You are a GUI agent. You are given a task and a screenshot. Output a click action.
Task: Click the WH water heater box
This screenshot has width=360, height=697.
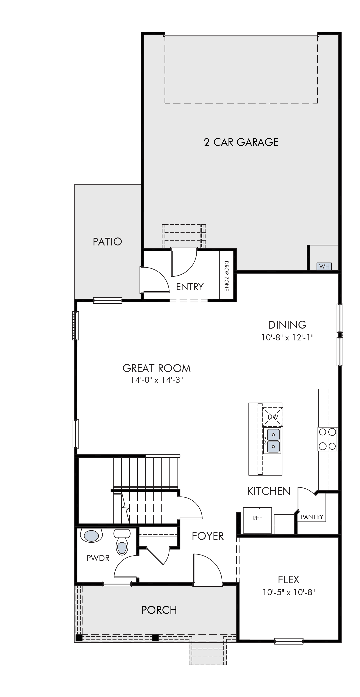click(x=324, y=266)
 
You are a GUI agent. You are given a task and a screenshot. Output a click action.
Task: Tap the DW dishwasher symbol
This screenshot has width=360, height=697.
click(x=273, y=417)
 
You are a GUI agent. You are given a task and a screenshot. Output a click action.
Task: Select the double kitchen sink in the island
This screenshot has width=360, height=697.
click(x=272, y=441)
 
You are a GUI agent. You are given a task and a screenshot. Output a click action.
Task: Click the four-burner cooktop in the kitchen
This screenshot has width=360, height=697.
click(x=327, y=439)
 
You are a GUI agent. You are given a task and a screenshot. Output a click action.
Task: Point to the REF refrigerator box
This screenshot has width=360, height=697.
click(x=257, y=520)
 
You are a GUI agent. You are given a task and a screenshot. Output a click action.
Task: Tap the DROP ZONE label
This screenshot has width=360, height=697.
click(x=226, y=276)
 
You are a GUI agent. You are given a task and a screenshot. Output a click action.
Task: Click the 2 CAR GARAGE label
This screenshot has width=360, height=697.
click(x=241, y=142)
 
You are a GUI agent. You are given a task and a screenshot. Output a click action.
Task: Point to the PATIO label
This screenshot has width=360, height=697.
click(x=107, y=242)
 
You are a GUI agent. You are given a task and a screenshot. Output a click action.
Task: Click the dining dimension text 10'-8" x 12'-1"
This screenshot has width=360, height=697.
click(x=287, y=337)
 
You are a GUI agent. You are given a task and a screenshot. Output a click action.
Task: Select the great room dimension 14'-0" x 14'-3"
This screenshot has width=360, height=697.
click(x=157, y=380)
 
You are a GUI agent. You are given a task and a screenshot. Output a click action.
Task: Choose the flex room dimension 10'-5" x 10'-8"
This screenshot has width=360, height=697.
click(x=289, y=592)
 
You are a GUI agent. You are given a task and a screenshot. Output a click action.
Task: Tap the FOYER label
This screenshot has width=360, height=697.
click(x=208, y=536)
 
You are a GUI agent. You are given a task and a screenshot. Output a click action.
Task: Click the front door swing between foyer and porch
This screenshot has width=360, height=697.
click(x=208, y=570)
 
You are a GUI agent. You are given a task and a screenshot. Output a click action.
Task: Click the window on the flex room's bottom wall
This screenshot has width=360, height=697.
click(x=289, y=641)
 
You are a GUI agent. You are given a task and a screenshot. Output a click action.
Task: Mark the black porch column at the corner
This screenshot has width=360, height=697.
click(x=79, y=638)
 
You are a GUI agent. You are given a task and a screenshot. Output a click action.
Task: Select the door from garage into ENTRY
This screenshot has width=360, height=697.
click(x=184, y=262)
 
